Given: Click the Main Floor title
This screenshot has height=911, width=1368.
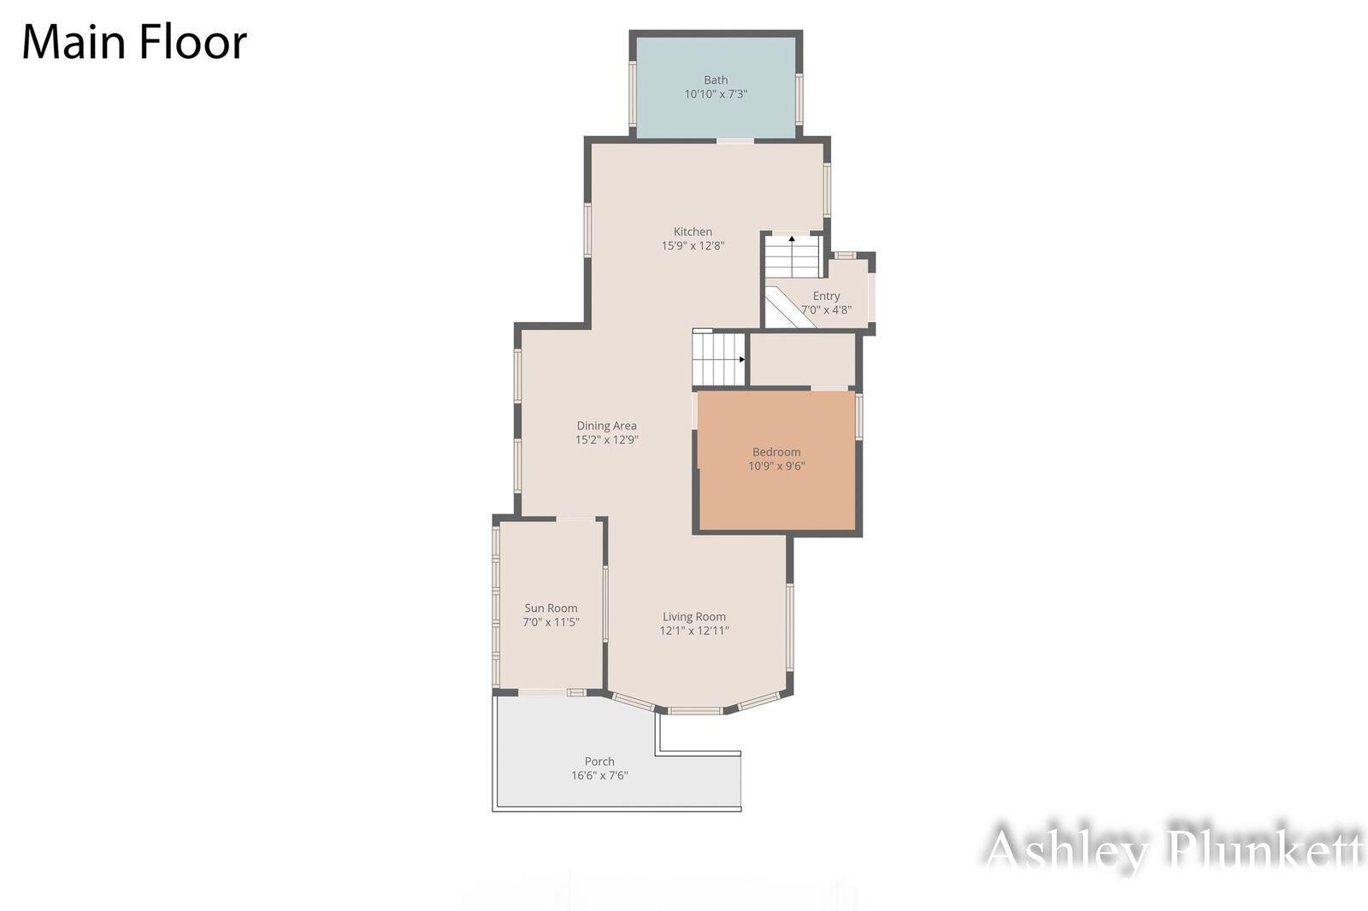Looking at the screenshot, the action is point(134,42).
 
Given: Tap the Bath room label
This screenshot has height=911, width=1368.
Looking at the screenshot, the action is point(716,80).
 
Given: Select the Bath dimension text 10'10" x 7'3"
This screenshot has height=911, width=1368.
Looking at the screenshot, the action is point(716,94).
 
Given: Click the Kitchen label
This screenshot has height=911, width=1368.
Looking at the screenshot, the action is point(693,232).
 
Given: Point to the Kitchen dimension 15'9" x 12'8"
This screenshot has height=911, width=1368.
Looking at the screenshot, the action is point(693,245).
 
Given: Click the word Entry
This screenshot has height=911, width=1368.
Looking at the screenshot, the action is point(826,297).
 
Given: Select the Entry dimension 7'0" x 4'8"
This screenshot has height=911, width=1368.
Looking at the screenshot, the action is point(826,309).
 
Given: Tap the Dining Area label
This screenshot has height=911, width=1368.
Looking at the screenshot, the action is point(606,426).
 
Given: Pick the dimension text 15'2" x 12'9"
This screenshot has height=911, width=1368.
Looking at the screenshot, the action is point(606,439).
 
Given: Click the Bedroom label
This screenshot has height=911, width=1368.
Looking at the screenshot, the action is point(776,452).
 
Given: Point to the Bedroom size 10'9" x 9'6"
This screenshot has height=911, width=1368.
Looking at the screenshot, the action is point(776,466).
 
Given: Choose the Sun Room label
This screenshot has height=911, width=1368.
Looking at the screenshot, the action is point(551,608).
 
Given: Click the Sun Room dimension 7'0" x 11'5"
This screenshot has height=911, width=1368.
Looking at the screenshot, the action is point(551,622).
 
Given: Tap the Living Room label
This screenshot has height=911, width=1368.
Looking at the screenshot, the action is point(694,617).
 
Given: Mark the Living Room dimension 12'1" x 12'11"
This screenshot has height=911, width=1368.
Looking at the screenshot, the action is point(694,631).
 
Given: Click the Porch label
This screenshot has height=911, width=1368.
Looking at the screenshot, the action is point(599,761).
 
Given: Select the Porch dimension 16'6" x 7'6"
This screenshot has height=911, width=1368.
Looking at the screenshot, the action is point(599,775).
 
